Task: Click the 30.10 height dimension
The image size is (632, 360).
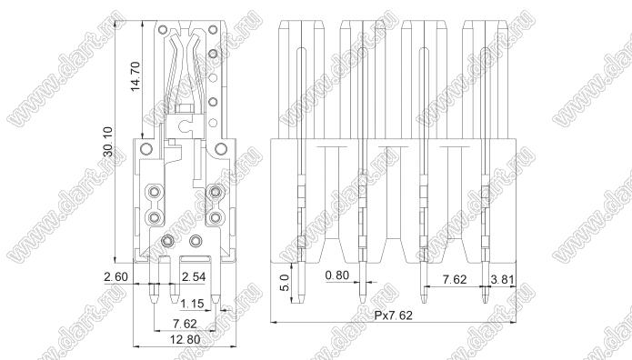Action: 108,142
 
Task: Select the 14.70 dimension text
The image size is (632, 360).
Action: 135,75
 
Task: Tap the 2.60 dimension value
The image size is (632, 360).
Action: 115,277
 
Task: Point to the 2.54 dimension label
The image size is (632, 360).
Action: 194,277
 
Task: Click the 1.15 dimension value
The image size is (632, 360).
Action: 192,303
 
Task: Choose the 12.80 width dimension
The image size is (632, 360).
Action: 185,339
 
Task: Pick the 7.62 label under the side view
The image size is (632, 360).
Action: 185,324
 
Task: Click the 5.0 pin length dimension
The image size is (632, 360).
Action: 285,283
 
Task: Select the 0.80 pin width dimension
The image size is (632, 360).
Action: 337,275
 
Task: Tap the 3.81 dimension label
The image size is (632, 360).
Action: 502,279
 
